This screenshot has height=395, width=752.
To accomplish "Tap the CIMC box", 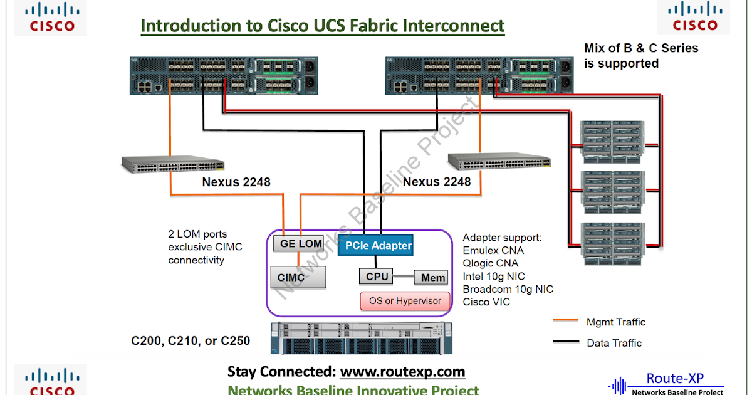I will (301, 277).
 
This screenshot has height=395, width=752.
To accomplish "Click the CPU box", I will (377, 276).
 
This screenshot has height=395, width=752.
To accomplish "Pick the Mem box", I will (432, 277).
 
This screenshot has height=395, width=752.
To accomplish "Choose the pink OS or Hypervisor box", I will (405, 301).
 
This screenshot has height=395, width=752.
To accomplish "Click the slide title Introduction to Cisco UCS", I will (322, 26).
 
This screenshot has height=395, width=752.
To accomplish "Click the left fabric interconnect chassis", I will (223, 76).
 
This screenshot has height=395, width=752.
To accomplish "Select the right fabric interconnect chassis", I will (479, 76).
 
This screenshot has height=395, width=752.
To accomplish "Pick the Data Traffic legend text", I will (614, 343).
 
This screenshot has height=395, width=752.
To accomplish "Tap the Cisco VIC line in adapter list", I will (486, 302).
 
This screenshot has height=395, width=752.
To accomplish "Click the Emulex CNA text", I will (493, 251).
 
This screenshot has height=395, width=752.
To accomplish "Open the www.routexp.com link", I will (402, 372).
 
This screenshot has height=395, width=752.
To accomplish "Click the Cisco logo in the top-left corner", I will (53, 17).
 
